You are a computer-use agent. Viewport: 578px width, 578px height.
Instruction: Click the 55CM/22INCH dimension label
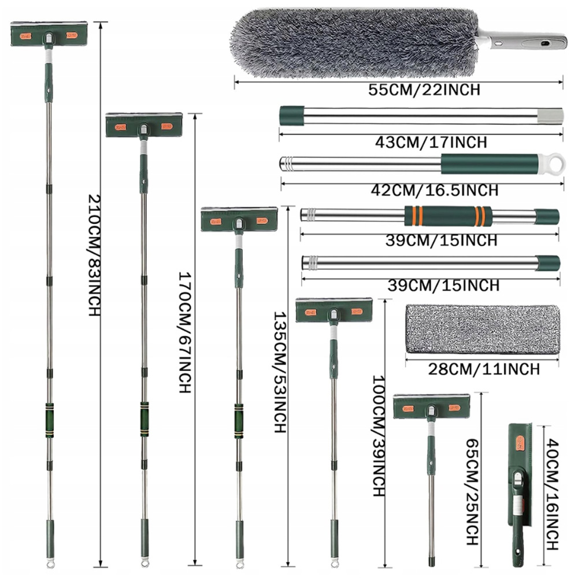424,90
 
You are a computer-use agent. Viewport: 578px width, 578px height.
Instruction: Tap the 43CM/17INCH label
431,142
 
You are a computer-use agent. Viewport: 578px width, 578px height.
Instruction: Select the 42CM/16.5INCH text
435,190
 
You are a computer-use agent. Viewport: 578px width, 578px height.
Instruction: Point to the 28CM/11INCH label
484,369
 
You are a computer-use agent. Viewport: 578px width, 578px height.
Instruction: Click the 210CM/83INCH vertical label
94,255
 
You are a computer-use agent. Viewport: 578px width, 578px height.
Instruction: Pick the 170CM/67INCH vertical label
185,332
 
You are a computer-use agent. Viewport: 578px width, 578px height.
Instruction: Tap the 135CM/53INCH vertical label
280,372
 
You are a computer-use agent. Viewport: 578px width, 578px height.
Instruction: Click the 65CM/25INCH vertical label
473,492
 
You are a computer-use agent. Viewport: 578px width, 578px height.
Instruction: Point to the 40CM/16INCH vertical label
553,494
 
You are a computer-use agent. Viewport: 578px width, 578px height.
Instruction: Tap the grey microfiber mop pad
482,329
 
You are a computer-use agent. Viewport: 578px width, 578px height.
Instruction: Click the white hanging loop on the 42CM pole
551,164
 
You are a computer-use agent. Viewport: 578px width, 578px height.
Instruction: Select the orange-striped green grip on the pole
448,216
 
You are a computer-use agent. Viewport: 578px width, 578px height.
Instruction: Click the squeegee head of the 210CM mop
49,34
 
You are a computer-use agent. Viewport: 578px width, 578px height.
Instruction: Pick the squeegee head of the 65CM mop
432,406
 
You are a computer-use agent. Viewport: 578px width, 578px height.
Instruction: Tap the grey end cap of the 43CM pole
550,116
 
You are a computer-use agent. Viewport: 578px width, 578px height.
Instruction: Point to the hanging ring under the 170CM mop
144,563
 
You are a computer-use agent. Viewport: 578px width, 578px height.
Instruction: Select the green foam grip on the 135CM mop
239,421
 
